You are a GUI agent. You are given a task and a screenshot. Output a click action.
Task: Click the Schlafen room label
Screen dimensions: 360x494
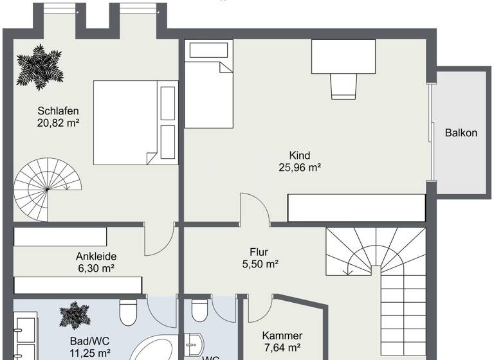tap(58, 110)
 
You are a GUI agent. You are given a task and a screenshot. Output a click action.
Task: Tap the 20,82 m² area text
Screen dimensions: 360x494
tap(58, 122)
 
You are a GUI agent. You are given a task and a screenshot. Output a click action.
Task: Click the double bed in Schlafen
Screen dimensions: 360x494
tap(135, 122)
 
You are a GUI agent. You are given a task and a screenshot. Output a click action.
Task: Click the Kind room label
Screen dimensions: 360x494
tap(300, 155)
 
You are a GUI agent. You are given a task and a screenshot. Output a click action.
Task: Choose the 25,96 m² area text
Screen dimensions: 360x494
tap(300, 167)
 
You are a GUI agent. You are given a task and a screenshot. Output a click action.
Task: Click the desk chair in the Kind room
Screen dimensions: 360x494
tap(343, 85)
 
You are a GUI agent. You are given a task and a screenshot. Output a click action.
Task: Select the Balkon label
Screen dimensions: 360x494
tap(461, 133)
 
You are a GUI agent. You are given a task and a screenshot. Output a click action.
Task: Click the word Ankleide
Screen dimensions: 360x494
tap(96, 256)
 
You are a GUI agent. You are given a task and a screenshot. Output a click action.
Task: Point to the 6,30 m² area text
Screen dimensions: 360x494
tap(96, 267)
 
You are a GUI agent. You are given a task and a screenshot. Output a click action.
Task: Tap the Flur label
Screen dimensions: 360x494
tap(259, 252)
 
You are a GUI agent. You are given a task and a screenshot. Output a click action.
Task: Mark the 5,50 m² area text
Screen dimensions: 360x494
tap(259, 264)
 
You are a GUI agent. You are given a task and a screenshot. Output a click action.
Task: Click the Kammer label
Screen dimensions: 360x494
tap(282, 336)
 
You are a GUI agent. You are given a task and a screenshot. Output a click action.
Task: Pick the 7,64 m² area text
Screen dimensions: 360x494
tap(282, 348)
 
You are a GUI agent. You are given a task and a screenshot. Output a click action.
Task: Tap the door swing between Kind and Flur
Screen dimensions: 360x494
tap(254, 209)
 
